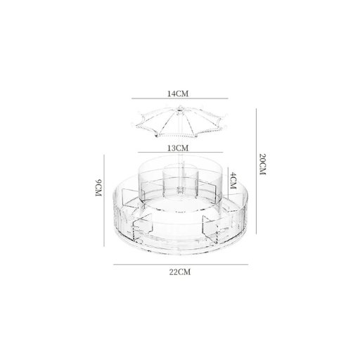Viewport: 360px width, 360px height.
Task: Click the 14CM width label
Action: [179, 92]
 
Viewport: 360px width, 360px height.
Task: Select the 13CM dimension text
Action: [179, 148]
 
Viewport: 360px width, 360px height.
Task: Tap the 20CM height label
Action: [262, 166]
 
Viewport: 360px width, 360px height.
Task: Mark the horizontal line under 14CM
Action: [179, 99]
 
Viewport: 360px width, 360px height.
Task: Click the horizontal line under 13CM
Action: [179, 153]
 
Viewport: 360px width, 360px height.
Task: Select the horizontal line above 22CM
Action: [181, 264]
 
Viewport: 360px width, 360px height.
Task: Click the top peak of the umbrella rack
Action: [179, 108]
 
